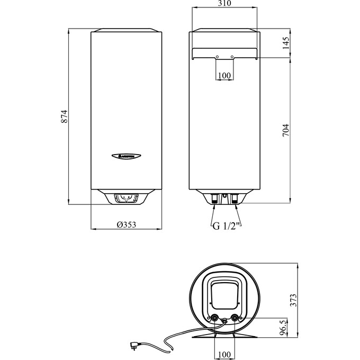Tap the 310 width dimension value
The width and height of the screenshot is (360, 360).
(224, 4)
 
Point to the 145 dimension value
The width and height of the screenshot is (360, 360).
(286, 43)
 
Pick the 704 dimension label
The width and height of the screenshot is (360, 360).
(286, 130)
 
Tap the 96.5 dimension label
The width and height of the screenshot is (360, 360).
(284, 327)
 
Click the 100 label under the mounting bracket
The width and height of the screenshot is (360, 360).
(224, 76)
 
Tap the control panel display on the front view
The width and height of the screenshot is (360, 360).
(126, 199)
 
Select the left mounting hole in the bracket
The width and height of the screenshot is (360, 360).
(217, 57)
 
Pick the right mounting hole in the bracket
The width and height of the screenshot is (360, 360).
(232, 57)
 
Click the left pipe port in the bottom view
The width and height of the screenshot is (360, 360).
(215, 318)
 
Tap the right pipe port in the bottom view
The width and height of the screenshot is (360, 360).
(234, 318)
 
